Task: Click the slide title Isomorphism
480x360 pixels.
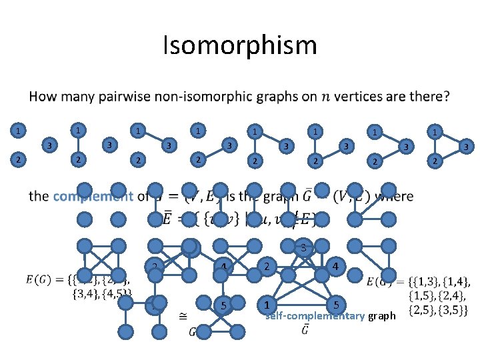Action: coord(240,46)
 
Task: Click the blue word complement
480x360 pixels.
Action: coord(93,196)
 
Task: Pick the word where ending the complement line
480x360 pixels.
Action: coord(395,196)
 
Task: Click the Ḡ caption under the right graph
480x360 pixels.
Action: coord(304,329)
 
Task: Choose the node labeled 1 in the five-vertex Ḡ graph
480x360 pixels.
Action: coord(267,305)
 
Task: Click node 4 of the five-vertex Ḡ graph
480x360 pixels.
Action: coord(336,267)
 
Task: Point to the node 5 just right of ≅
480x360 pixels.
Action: coord(225,306)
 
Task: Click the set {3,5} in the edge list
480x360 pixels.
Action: coord(456,311)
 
